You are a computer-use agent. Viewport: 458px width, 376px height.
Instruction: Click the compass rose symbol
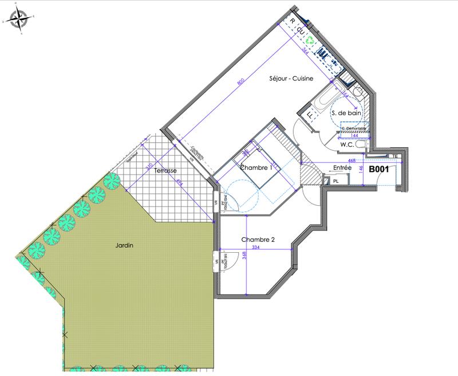[x=19, y=19]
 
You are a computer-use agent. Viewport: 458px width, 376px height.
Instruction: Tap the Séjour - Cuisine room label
[x=291, y=80]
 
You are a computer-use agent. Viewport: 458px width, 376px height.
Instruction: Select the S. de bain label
[x=346, y=114]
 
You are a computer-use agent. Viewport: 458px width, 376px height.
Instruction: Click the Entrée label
[x=342, y=167]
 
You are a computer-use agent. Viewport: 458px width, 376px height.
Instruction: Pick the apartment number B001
[x=379, y=170]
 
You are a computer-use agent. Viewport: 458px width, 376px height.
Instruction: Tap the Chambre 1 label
[x=256, y=168]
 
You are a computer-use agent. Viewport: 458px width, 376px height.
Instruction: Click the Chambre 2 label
[x=259, y=240]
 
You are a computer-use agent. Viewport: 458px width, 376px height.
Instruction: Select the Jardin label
[x=123, y=245]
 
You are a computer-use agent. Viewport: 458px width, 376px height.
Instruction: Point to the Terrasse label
[x=165, y=171]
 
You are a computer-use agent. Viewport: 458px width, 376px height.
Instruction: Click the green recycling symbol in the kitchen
[x=310, y=41]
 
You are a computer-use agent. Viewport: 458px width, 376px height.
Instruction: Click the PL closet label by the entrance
[x=335, y=181]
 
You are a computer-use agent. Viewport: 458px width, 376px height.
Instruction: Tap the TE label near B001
[x=394, y=156]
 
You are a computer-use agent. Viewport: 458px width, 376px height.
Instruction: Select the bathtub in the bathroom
[x=323, y=101]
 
